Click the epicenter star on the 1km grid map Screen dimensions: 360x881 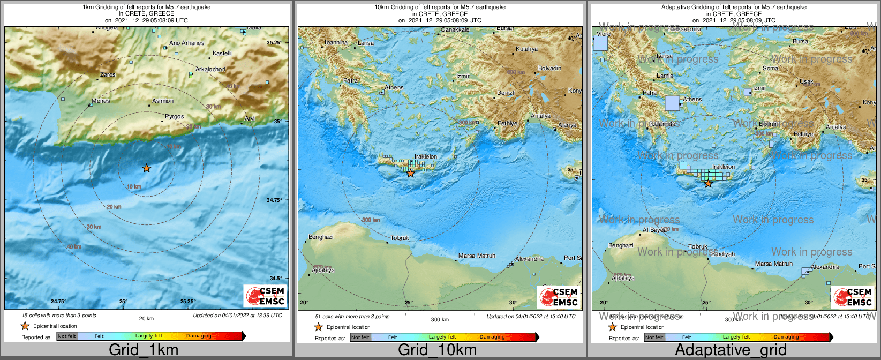[x=146, y=168]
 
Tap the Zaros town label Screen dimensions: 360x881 [x=108, y=75]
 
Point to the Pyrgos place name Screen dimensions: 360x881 [x=174, y=116]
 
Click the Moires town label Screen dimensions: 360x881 [x=101, y=101]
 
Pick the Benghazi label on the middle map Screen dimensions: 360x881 [x=321, y=237]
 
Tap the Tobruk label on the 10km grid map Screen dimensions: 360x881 [x=400, y=238]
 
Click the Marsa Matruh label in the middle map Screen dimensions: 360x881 [x=477, y=256]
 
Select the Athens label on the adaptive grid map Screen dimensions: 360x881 [x=692, y=99]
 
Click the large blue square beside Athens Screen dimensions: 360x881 [x=672, y=103]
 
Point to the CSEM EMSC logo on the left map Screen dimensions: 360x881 [x=265, y=296]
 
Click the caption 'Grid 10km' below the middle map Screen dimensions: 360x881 [x=437, y=350]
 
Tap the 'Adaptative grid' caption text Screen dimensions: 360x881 [x=731, y=350]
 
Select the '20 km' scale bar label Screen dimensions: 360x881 [x=146, y=318]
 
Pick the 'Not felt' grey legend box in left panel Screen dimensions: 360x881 [x=67, y=336]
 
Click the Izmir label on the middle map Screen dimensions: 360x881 [x=462, y=77]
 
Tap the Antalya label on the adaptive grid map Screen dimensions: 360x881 [x=836, y=127]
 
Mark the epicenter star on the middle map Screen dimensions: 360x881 [x=410, y=173]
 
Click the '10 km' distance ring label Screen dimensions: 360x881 [x=134, y=186]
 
